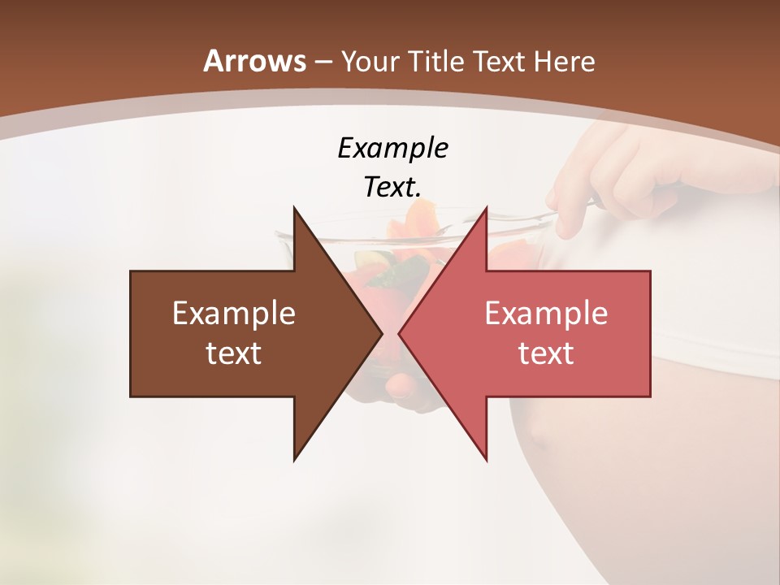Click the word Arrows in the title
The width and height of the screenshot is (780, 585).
tap(254, 61)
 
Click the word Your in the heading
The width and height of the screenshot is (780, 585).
tap(369, 62)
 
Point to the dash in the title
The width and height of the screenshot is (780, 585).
tap(323, 62)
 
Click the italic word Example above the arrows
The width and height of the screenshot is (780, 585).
tap(392, 148)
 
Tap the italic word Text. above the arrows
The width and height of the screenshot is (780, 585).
tap(392, 187)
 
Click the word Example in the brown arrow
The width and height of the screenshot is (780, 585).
tap(234, 314)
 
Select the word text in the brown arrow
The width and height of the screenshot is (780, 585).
tap(234, 353)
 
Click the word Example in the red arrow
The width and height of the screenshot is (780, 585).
tap(546, 314)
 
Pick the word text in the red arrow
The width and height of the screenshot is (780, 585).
tap(546, 353)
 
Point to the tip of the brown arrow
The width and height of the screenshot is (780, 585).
tap(382, 333)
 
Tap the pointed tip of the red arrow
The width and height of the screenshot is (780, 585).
tap(399, 333)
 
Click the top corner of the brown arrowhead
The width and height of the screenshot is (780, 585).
tap(294, 208)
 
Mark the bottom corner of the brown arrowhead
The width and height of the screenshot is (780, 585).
tap(294, 460)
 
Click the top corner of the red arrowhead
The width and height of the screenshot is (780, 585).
tap(487, 208)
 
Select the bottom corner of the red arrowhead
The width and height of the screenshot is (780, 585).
tap(487, 460)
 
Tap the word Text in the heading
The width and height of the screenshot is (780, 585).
tap(501, 62)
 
